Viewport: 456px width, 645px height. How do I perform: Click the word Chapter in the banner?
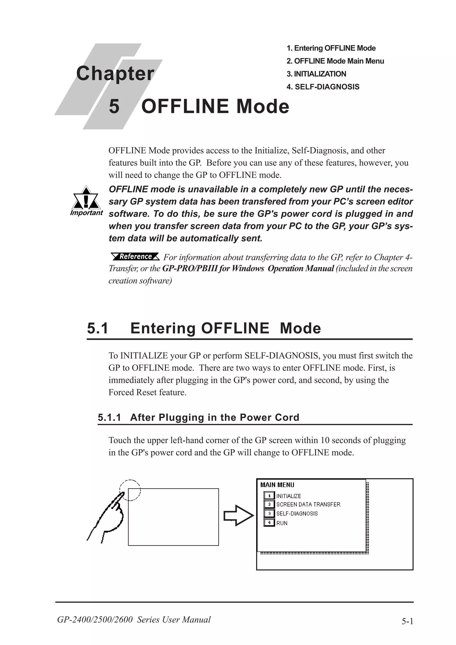click(x=115, y=74)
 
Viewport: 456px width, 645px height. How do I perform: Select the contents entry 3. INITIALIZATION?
click(x=316, y=74)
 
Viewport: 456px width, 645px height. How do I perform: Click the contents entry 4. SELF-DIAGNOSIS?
click(x=323, y=87)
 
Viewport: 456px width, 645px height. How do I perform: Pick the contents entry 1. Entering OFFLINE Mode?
click(x=331, y=48)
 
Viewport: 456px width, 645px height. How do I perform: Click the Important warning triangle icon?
click(x=86, y=198)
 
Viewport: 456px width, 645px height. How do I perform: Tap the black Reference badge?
click(x=135, y=256)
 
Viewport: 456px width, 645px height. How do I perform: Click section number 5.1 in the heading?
click(x=98, y=328)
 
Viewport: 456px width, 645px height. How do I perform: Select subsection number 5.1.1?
click(x=109, y=418)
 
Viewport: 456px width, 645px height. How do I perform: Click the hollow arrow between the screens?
click(x=238, y=515)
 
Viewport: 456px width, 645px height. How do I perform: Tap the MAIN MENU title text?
click(x=277, y=485)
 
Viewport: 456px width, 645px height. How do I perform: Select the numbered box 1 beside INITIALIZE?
click(x=269, y=496)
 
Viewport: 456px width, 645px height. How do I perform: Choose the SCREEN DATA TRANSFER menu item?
click(x=308, y=505)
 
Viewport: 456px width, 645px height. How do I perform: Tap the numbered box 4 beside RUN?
click(x=269, y=523)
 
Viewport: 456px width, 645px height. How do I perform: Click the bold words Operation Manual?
click(x=300, y=269)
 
